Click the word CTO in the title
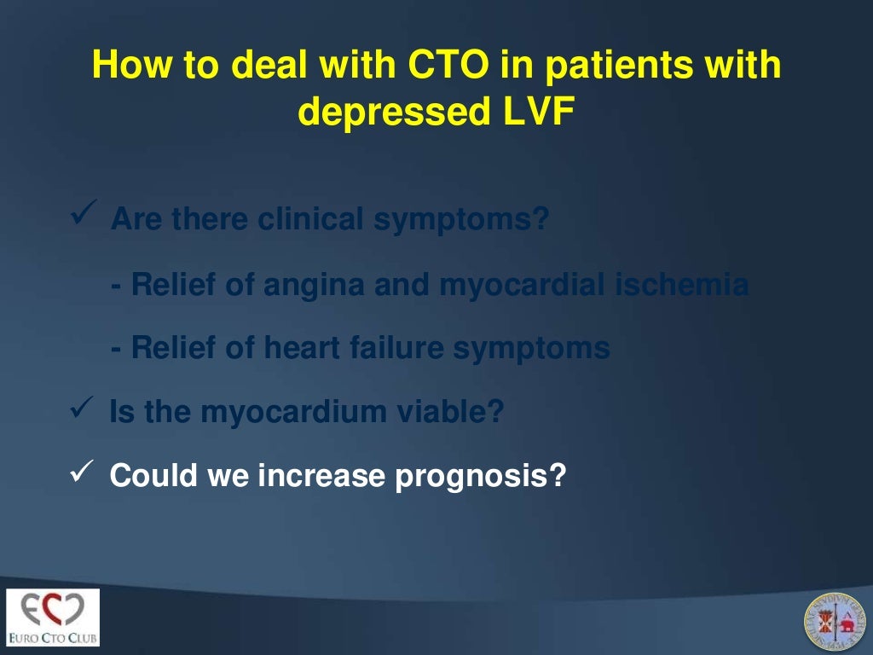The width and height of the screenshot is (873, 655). point(422,67)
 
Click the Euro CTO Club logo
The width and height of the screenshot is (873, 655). point(53,617)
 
